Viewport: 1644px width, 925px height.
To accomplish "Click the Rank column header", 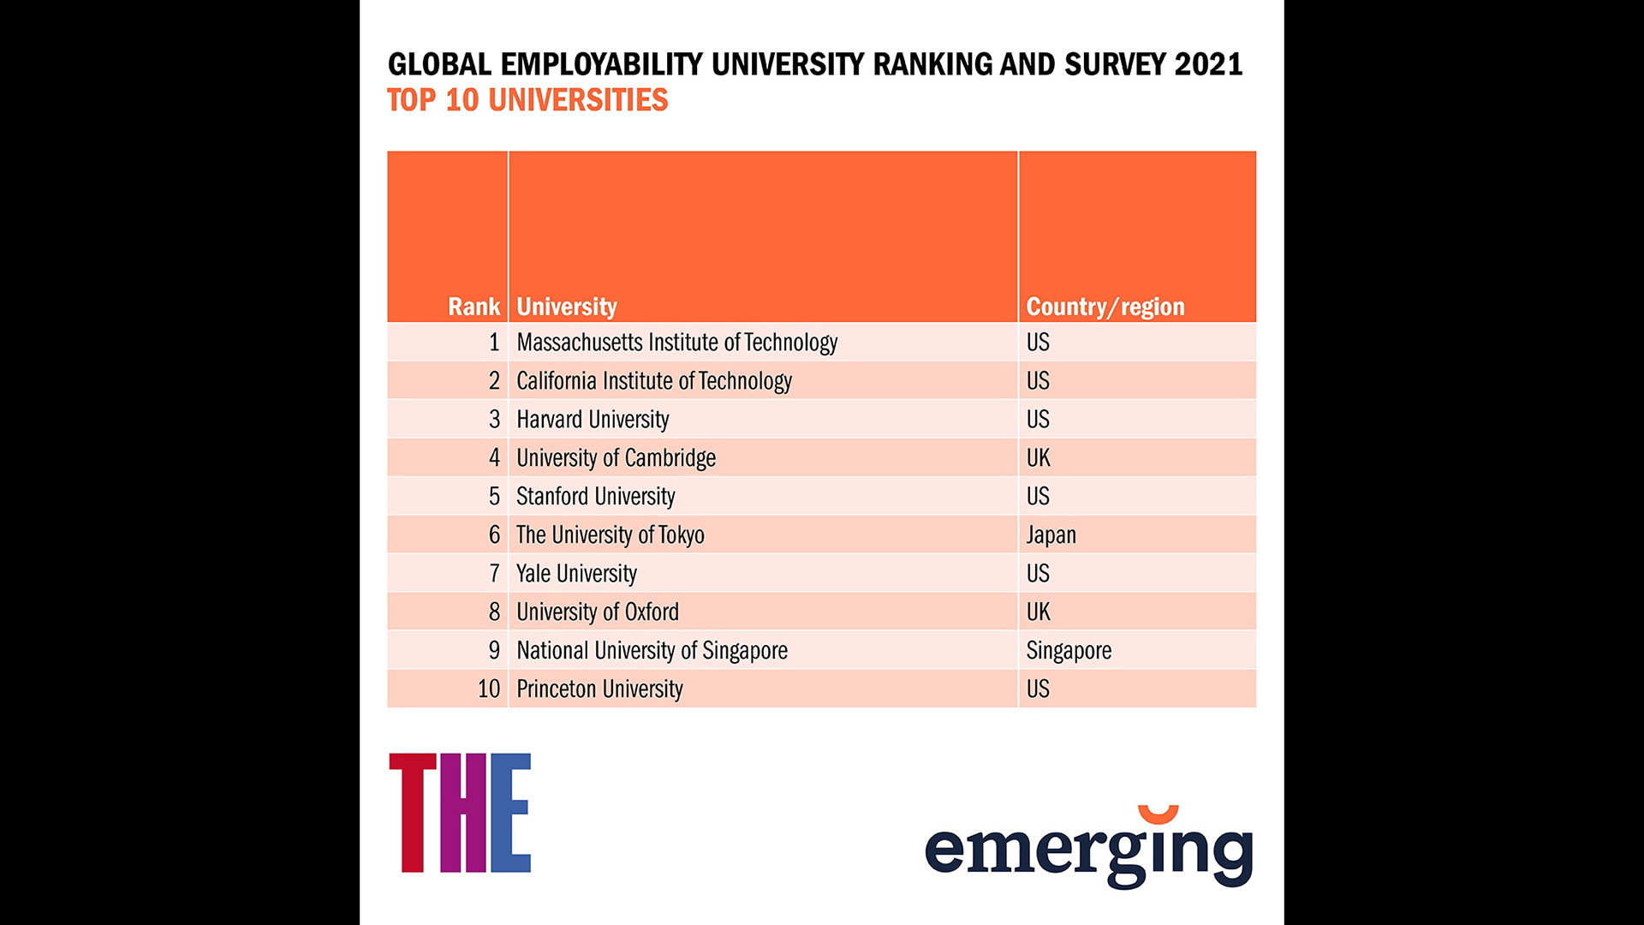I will [474, 307].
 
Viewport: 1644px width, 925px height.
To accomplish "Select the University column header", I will [566, 307].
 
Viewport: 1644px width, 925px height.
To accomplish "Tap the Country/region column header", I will [1105, 307].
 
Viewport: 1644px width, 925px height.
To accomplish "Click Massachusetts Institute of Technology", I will [676, 343].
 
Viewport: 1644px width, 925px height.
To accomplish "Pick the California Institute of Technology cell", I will [653, 381].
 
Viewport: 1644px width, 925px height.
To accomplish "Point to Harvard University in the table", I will [593, 420].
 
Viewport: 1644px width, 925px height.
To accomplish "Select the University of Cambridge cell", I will [616, 458].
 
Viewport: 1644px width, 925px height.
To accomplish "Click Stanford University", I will [595, 497].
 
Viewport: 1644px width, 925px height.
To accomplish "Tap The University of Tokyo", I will [610, 535].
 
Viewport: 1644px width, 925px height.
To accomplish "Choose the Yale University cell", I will [576, 574].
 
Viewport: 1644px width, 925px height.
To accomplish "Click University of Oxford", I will [597, 612].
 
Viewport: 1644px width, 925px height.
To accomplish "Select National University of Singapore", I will [652, 651].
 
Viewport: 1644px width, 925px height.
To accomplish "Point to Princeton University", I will [599, 689].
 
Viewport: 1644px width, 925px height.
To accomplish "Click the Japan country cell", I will [1051, 535].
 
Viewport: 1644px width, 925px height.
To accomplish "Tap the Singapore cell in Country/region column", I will [1069, 651].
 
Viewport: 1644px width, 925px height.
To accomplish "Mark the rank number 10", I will [488, 689].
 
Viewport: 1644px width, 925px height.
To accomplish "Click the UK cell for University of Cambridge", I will [1038, 458].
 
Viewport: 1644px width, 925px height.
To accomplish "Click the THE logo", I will [460, 813].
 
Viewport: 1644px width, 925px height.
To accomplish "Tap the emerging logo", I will [1088, 848].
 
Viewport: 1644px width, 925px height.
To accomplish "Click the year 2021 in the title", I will [1207, 65].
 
